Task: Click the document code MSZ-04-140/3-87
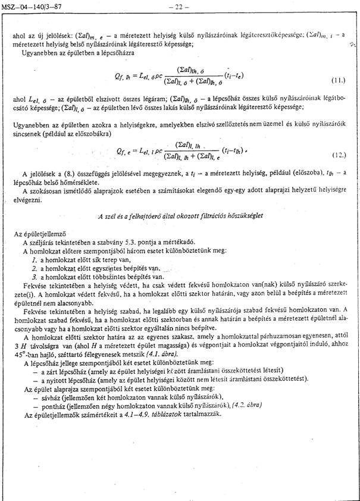(27, 7)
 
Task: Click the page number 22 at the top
(178, 7)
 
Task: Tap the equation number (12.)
(338, 154)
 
